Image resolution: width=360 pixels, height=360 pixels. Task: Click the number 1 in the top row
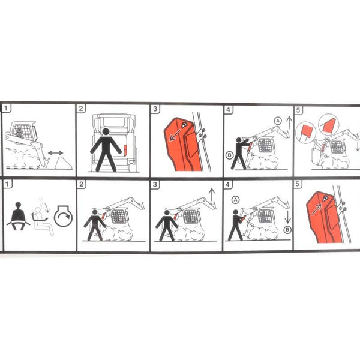click(x=6, y=108)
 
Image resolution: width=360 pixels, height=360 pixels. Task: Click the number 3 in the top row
click(x=155, y=109)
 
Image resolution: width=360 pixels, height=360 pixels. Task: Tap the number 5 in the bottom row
click(x=298, y=184)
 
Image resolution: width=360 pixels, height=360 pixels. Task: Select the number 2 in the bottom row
click(x=82, y=184)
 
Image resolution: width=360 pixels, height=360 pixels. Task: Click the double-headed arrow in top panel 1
click(x=56, y=153)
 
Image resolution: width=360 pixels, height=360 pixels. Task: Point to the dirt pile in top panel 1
click(x=64, y=163)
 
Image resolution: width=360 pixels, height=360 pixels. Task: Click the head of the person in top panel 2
click(x=106, y=132)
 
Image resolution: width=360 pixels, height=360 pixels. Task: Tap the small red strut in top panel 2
click(x=125, y=150)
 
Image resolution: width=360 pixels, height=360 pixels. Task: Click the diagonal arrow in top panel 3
click(x=175, y=134)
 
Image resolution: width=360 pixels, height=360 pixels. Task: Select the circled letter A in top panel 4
click(x=278, y=121)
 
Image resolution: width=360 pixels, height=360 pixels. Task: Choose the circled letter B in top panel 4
click(x=229, y=155)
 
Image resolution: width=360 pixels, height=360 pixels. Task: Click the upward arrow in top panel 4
click(x=289, y=122)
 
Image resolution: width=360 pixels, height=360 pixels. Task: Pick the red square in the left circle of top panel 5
click(x=305, y=131)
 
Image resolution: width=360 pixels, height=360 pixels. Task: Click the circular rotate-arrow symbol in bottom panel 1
click(x=64, y=216)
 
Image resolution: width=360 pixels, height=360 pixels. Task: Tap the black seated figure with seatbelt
click(x=18, y=216)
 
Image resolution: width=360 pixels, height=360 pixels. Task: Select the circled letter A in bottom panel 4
click(x=235, y=200)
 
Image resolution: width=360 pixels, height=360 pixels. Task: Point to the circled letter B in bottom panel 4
click(x=287, y=230)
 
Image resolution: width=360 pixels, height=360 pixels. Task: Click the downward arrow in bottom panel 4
click(x=287, y=217)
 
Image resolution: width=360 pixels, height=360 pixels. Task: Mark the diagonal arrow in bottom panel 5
click(x=316, y=209)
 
